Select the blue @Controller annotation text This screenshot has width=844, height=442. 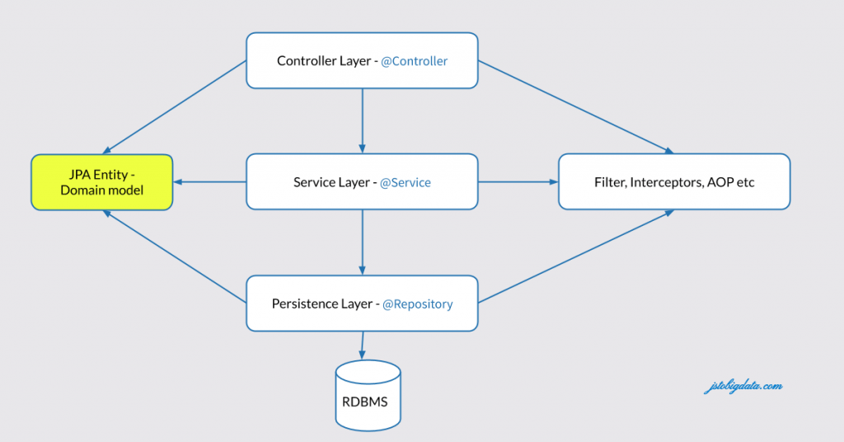(414, 61)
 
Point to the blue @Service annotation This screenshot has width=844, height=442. (405, 182)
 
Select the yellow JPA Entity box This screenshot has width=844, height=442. (102, 182)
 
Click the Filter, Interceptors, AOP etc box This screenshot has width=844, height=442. (674, 181)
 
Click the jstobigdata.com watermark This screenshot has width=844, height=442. (743, 386)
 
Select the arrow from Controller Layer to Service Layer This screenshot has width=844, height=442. (363, 120)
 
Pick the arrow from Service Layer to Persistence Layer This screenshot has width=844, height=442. (363, 242)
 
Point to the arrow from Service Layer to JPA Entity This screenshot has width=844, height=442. (210, 182)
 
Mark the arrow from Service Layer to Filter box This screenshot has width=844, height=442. (518, 181)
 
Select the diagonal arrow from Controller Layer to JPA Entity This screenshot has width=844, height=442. (175, 107)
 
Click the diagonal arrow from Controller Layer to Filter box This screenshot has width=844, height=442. (575, 107)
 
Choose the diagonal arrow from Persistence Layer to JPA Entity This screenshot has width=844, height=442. (175, 256)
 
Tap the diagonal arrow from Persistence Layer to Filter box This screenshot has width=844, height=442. (575, 256)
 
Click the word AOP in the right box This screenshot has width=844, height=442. (722, 182)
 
